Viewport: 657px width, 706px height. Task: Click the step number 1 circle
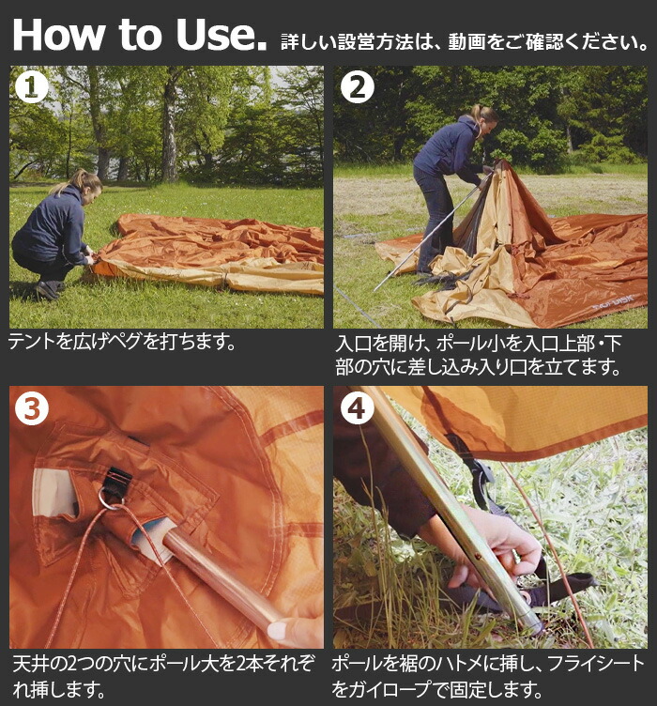coord(32,87)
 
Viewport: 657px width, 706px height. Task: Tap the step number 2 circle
coord(358,87)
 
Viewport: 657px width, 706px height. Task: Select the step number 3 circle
coord(32,408)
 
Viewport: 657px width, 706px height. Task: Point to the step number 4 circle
coord(358,408)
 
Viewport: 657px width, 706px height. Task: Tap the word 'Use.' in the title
coord(222,35)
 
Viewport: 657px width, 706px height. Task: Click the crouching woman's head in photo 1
coord(87,185)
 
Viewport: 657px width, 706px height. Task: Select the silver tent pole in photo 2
coord(432,232)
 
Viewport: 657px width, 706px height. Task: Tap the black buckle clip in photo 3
coord(116,480)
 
